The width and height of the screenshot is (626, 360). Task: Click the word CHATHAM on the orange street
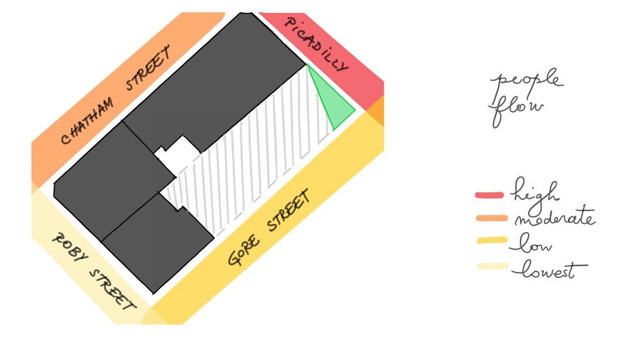[x=88, y=120]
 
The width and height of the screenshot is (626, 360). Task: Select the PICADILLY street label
[x=316, y=44]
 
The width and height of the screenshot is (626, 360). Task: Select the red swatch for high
[x=489, y=195]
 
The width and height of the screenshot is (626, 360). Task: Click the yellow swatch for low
[x=491, y=240]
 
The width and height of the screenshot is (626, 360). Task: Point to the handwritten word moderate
[x=554, y=219]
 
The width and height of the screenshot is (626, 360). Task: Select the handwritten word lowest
[x=549, y=271]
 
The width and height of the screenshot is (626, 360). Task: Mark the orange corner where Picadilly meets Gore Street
[x=376, y=110]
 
